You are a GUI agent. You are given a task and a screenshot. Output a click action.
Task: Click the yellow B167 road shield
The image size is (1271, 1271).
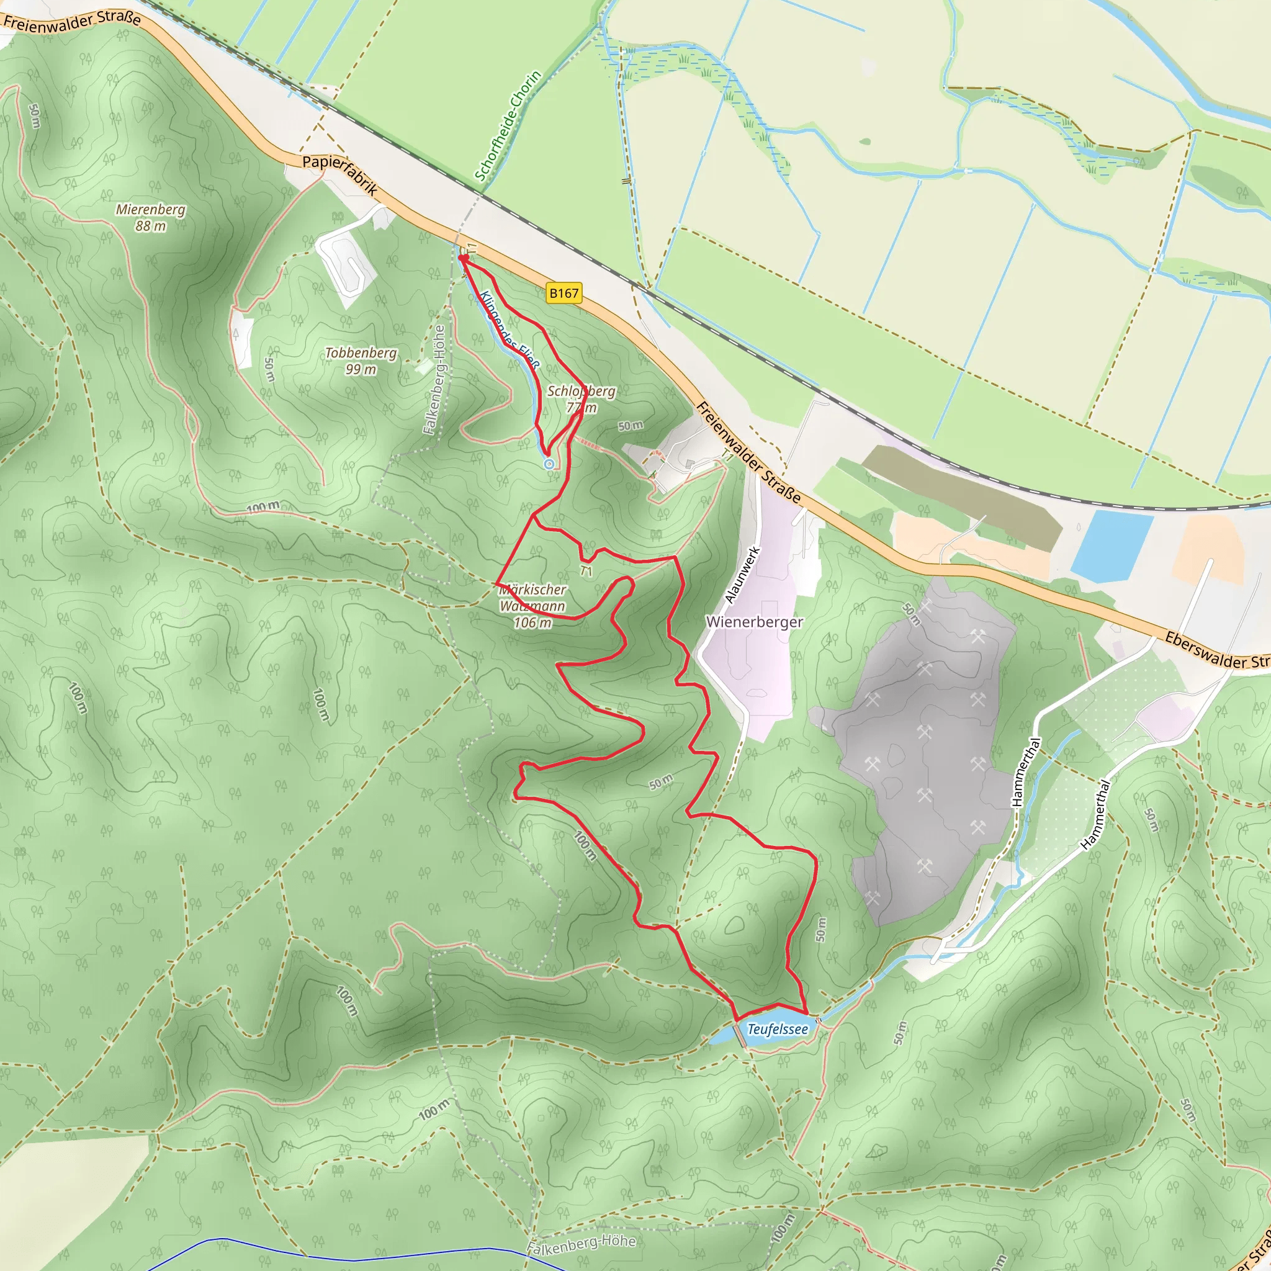pos(564,293)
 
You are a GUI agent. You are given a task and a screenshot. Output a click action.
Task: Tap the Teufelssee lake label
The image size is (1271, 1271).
pos(778,1029)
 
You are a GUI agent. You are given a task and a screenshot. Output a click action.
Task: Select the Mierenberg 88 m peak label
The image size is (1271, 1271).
pos(151,217)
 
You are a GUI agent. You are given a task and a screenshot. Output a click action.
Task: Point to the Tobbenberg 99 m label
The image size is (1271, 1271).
pos(361,361)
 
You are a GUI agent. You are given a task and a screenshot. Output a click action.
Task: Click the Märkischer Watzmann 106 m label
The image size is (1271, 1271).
pos(532,606)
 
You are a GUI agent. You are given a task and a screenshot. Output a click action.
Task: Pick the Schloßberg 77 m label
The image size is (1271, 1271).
pos(582,398)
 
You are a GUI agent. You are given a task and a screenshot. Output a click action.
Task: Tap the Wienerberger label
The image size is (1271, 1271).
pos(754,622)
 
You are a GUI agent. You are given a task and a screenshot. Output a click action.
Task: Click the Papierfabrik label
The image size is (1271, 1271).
pos(340,176)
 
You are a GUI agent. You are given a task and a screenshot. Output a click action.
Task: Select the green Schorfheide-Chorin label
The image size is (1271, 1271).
pos(508,125)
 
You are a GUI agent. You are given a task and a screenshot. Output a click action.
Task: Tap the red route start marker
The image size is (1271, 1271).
pos(463,259)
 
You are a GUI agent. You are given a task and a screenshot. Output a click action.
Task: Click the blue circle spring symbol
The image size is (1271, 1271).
pos(549,464)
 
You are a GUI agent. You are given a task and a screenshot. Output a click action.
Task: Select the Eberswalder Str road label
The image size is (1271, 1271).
pos(1216,650)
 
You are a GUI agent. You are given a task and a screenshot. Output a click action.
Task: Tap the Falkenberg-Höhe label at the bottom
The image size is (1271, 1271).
pos(582,1243)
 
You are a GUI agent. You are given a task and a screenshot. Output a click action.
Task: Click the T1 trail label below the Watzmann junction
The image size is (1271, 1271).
pos(586,571)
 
